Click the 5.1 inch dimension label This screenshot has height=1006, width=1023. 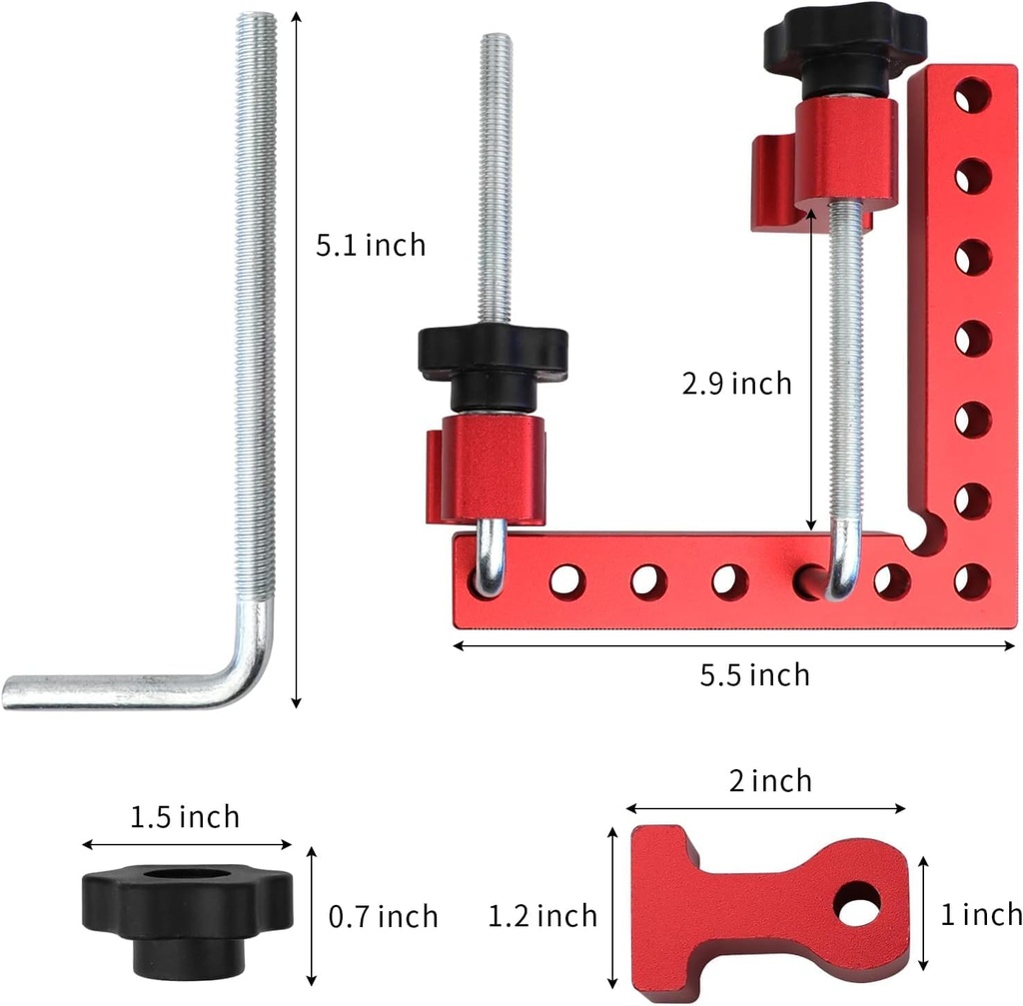[x=371, y=245]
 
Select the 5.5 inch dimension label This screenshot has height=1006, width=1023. [x=754, y=675]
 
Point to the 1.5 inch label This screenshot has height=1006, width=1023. [x=185, y=817]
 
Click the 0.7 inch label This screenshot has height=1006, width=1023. [x=384, y=916]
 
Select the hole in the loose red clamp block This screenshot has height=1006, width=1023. [x=859, y=904]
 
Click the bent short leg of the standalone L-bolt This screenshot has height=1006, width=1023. [x=120, y=690]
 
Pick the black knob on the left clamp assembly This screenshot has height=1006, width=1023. [x=493, y=355]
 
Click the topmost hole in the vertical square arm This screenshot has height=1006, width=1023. [x=971, y=96]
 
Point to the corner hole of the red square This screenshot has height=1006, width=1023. [x=971, y=581]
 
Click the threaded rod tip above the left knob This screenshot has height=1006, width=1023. [x=495, y=45]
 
